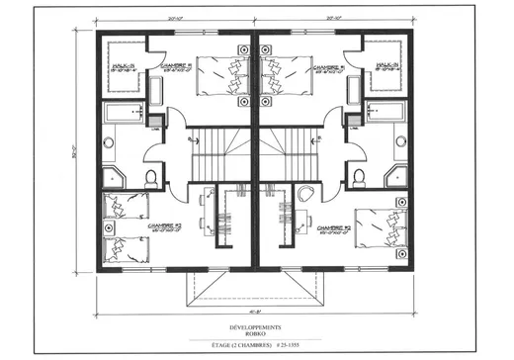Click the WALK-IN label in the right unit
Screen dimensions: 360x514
click(x=387, y=67)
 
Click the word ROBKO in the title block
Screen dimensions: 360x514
click(x=256, y=332)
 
